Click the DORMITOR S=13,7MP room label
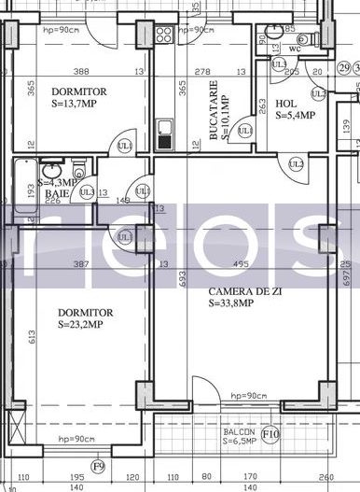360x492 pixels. (x=79, y=97)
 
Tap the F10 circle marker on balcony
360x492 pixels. (x=270, y=433)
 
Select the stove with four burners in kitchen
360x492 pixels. (x=163, y=37)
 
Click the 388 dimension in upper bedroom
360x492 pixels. (x=82, y=71)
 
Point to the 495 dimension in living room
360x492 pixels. (x=240, y=265)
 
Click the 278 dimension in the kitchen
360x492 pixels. (x=201, y=71)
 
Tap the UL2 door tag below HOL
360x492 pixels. (x=297, y=164)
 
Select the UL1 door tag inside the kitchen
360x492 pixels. (x=244, y=132)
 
